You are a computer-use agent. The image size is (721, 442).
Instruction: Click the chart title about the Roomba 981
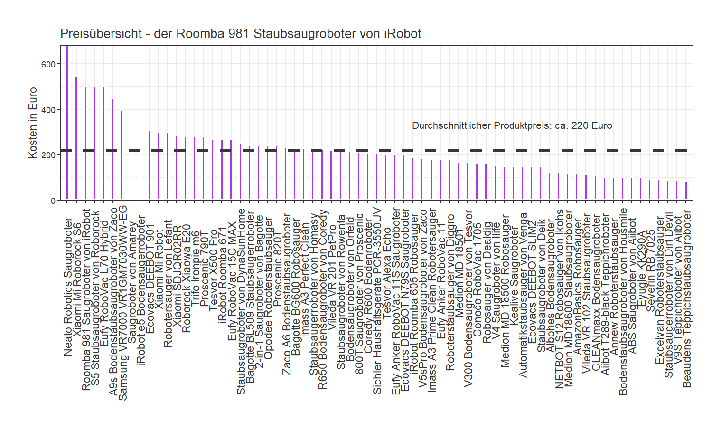[x=241, y=34]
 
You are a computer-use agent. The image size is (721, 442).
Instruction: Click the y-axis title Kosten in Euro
[x=33, y=123]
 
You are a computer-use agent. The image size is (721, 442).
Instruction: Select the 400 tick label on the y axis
[x=48, y=110]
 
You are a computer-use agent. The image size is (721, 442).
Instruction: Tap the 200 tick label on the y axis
[x=48, y=155]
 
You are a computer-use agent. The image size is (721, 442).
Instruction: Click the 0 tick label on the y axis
[x=53, y=201]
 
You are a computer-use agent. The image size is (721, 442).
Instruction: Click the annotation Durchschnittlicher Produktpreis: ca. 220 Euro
[x=512, y=125]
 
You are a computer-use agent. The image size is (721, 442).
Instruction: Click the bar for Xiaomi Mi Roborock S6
[x=76, y=138]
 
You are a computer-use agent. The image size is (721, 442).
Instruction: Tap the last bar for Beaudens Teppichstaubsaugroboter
[x=686, y=191]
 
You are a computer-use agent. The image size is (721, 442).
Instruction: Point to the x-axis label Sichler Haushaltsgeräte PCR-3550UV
[x=377, y=300]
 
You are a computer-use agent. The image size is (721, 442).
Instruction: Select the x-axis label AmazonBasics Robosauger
[x=578, y=286]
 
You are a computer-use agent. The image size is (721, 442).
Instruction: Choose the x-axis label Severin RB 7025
[x=650, y=271]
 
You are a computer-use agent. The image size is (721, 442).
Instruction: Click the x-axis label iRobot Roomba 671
[x=223, y=272]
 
